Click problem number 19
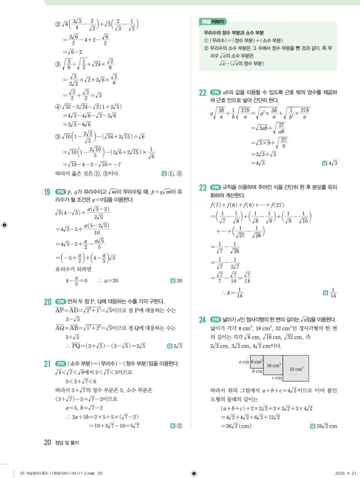coord(48,192)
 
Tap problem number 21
coord(48,364)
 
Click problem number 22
coord(202,92)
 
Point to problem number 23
coord(202,188)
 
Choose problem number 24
coord(202,320)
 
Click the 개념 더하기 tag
coord(213,22)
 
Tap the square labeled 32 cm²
coord(296,368)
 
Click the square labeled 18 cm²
coord(273,366)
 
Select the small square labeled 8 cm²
coord(257,361)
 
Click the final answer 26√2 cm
coord(326,426)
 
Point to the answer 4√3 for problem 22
coord(332,163)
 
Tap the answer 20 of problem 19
coord(179,281)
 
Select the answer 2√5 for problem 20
coord(177,346)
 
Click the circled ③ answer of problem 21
coord(180,425)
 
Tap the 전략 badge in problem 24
coord(216,320)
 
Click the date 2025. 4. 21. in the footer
coord(346,472)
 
